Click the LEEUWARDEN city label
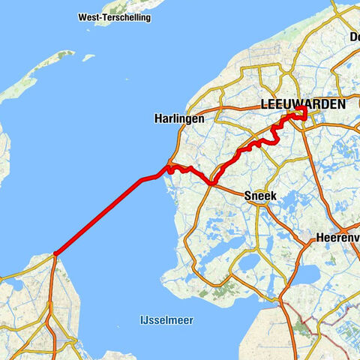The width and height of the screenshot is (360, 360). [302, 105]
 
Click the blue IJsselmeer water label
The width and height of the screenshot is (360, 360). [166, 320]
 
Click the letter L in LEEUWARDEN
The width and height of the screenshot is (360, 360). [263, 105]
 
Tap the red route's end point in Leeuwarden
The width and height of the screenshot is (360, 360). [301, 113]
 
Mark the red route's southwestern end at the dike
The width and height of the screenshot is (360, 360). [55, 254]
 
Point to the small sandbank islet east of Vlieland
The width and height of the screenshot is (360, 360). [88, 57]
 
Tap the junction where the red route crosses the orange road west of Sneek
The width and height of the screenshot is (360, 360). [212, 182]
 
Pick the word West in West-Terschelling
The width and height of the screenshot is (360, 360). [88, 17]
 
